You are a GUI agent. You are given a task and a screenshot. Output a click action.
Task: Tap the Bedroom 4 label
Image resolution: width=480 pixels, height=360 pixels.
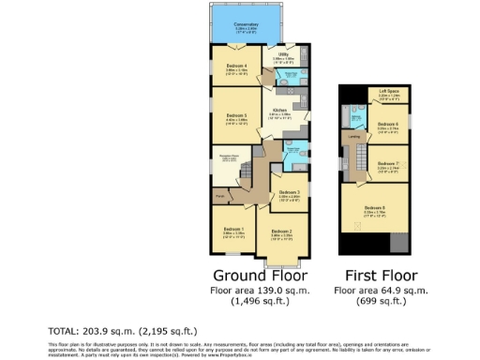[x=235, y=66]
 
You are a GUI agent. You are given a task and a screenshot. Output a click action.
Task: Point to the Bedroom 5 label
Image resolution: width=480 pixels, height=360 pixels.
[x=235, y=115]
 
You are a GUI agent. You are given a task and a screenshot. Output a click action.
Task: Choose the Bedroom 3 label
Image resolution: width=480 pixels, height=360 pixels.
[x=289, y=192]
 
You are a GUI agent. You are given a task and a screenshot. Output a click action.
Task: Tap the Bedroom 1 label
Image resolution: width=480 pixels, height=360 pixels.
[x=233, y=230]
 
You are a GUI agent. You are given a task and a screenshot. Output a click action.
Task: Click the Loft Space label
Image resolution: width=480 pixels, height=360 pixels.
[x=388, y=92]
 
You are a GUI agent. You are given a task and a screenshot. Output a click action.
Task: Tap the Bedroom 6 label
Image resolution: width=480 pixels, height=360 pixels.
[x=388, y=124]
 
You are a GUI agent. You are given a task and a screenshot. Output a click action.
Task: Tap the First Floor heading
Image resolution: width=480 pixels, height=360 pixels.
[x=374, y=276]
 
